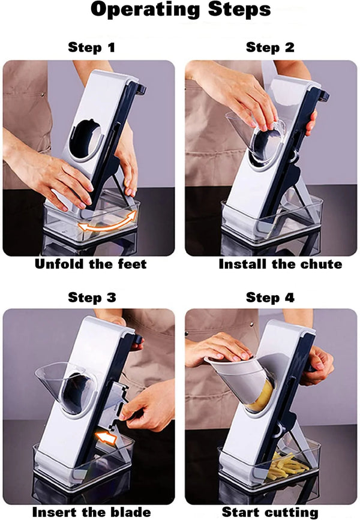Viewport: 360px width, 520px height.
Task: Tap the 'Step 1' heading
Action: tap(91, 47)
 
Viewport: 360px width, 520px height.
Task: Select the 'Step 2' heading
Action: tap(270, 47)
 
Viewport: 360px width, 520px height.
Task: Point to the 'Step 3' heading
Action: tap(92, 297)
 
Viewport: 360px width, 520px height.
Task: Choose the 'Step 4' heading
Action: tap(270, 297)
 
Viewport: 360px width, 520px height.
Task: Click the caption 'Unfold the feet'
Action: tap(91, 264)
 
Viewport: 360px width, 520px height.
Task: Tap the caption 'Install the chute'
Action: tap(280, 264)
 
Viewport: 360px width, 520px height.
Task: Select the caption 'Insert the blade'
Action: tap(92, 512)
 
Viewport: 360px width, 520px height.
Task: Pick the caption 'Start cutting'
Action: tap(270, 512)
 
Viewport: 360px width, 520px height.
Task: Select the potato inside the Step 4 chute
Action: tap(262, 396)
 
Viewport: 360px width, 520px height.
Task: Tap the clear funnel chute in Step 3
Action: tap(67, 387)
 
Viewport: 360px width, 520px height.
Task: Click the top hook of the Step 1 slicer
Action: tap(140, 89)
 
